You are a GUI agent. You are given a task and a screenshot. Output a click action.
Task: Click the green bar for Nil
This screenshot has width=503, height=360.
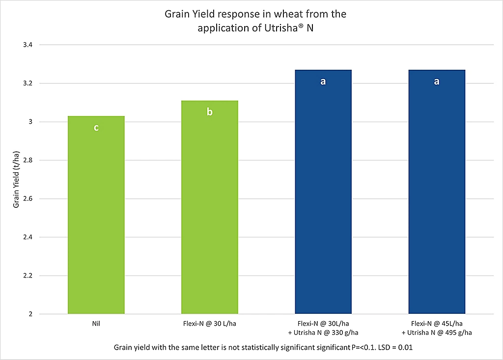click(96, 216)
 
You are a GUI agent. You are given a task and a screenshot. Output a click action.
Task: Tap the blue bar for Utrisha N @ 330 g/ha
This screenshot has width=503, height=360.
click(323, 196)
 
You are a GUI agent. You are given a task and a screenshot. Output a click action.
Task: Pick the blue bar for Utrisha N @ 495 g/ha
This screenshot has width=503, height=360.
click(437, 196)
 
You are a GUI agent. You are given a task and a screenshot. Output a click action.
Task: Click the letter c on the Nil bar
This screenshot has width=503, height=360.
click(96, 128)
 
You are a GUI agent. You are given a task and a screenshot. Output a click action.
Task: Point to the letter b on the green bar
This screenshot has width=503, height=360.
click(210, 112)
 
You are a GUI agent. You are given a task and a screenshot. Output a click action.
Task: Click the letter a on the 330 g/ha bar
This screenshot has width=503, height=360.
click(323, 82)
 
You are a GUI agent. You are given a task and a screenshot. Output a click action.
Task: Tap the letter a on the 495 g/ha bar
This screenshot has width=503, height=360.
click(437, 82)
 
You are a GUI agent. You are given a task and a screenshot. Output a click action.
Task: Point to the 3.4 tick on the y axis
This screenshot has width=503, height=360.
click(28, 45)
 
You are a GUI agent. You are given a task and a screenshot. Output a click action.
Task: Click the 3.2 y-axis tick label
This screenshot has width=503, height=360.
click(28, 83)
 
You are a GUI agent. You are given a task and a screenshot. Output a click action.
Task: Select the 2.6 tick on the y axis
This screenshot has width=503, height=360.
click(28, 199)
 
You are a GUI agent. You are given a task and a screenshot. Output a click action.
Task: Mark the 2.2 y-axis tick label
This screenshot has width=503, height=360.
click(28, 276)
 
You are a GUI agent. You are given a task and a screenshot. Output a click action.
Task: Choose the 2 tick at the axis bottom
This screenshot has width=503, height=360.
click(30, 314)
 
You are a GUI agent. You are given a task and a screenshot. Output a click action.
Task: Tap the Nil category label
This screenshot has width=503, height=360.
click(96, 324)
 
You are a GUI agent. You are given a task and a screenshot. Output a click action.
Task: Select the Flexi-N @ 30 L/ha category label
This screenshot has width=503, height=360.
click(210, 324)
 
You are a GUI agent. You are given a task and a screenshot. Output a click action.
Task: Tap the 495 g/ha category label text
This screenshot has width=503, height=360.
click(437, 332)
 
